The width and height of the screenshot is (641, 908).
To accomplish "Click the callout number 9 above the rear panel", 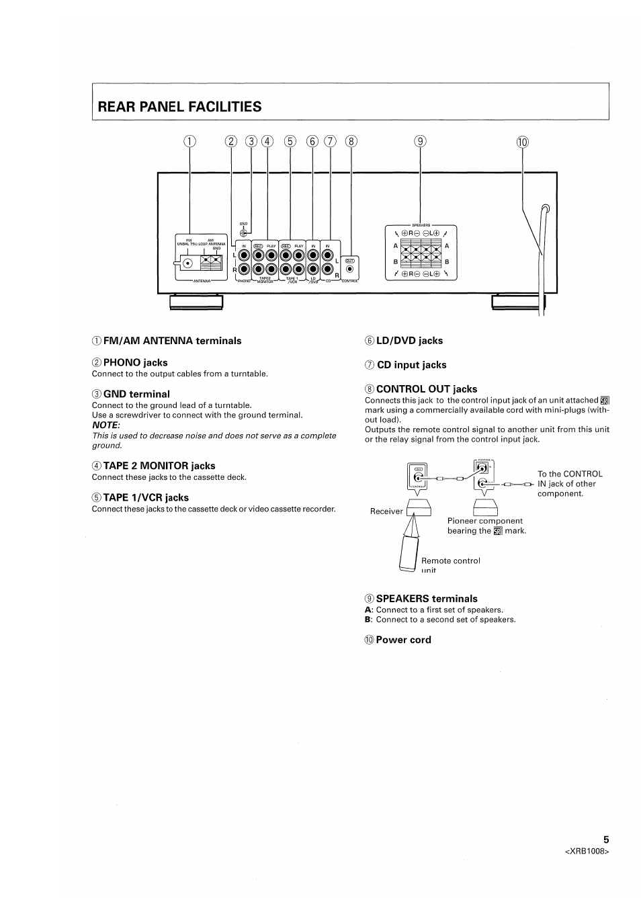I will (x=420, y=141).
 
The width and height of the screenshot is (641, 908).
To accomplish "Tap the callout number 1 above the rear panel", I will (x=189, y=141).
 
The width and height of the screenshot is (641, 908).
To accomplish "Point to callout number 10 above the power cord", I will (x=522, y=141).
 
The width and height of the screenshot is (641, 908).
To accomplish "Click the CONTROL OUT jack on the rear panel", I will (x=349, y=269).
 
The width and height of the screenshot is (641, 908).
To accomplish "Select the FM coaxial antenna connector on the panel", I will (x=188, y=263).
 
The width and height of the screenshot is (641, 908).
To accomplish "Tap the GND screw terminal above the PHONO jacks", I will (x=243, y=233).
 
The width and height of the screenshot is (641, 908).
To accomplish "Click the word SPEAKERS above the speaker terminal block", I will (x=421, y=225).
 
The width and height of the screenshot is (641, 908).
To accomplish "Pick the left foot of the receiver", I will (x=196, y=303).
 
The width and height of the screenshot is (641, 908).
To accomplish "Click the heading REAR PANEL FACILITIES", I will (x=179, y=106).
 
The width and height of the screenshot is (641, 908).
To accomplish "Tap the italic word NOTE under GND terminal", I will (x=105, y=425).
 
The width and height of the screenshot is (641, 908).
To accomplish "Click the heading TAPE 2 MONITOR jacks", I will (x=159, y=466).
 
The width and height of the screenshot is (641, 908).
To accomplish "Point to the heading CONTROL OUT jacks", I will (x=426, y=389).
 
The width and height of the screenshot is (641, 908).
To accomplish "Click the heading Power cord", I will (x=403, y=640).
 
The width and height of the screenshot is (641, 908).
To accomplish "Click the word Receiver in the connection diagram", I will (x=386, y=511).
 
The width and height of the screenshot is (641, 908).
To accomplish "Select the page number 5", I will (x=606, y=839).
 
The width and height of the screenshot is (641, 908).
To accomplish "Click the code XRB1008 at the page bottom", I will (x=587, y=852).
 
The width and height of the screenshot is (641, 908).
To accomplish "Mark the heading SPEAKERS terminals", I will (x=426, y=599).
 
